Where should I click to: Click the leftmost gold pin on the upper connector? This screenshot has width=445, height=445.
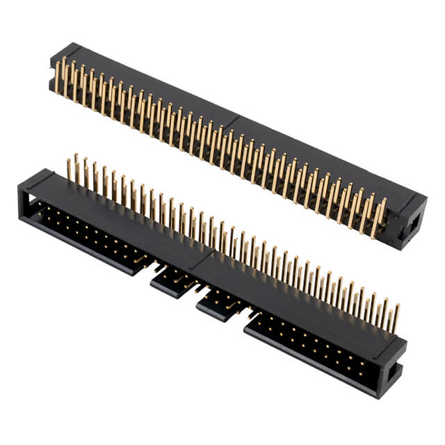click(x=57, y=76)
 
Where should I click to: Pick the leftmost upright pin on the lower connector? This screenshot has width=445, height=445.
click(x=70, y=170)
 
